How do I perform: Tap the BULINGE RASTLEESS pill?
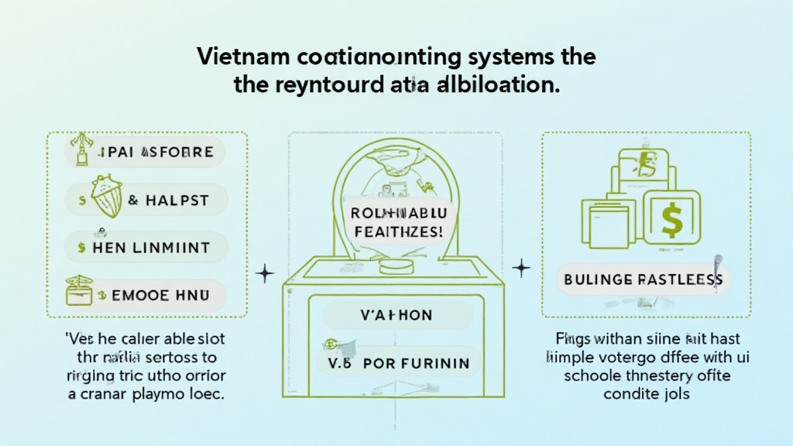click(642, 279)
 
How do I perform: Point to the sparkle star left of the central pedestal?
click(266, 273)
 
